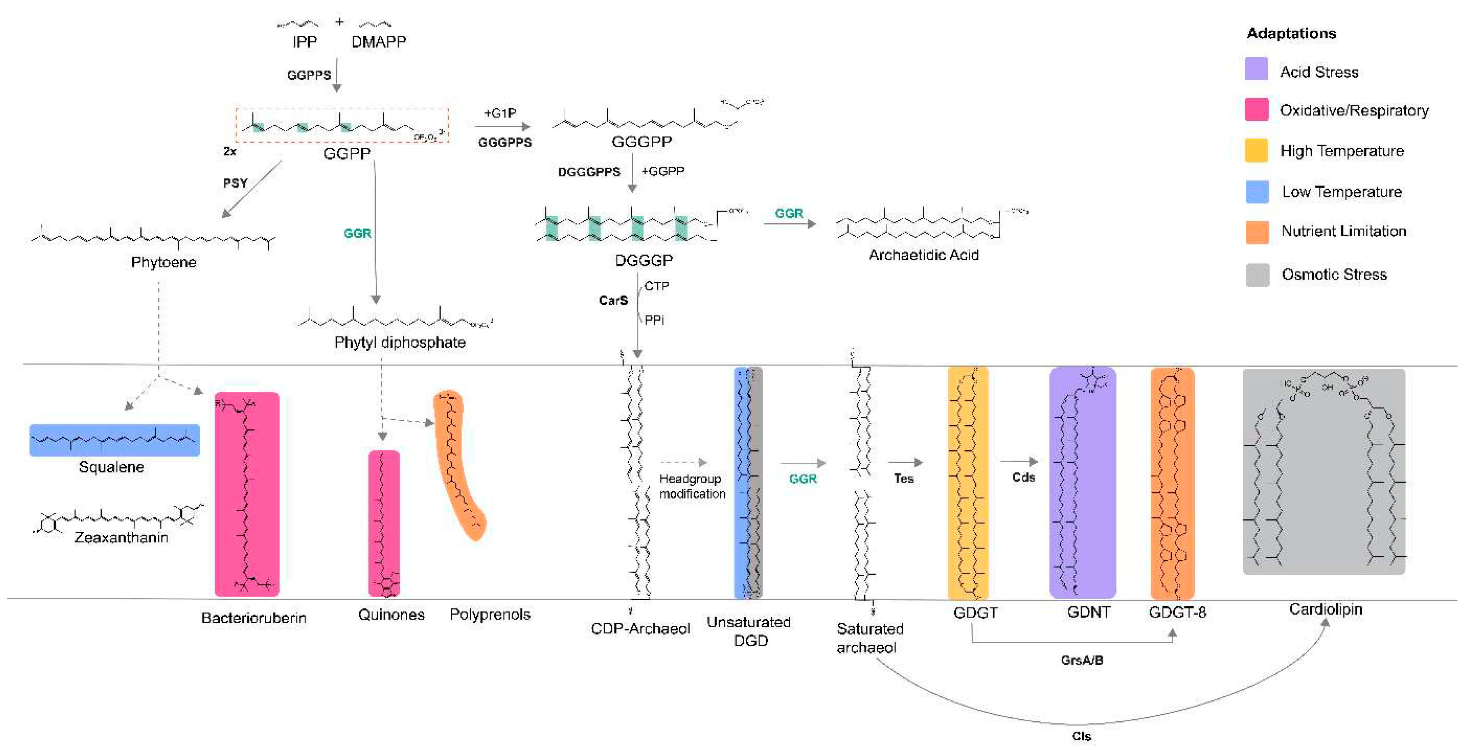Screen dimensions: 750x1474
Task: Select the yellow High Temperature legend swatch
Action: click(1256, 151)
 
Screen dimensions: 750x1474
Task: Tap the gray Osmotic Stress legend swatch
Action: click(1257, 275)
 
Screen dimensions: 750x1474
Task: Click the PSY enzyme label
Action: click(235, 183)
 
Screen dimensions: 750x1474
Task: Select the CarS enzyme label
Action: click(613, 300)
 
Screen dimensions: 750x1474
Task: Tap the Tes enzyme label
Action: click(903, 479)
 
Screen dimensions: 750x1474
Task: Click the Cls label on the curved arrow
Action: click(1081, 736)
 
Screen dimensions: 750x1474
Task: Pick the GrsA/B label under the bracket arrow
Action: click(1081, 660)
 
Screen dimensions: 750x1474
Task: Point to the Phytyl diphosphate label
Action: click(399, 342)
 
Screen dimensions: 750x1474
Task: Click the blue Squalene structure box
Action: click(115, 440)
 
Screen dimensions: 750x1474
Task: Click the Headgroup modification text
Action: click(691, 486)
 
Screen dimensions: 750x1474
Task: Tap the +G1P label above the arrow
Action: click(500, 113)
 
